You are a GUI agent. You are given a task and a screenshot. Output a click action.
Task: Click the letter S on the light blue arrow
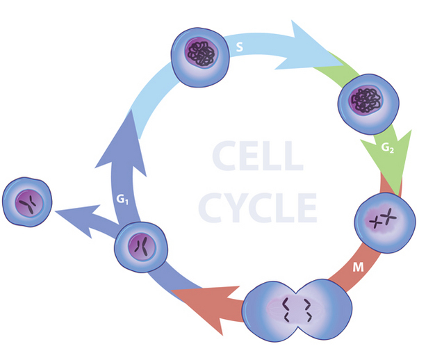(240, 49)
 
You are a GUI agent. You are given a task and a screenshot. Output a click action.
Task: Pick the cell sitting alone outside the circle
(28, 202)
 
